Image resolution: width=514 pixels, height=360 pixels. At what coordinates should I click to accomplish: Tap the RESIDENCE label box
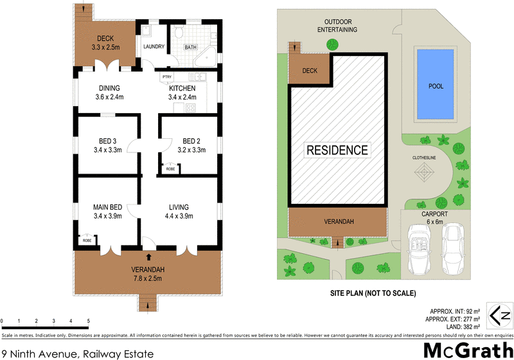click(337, 150)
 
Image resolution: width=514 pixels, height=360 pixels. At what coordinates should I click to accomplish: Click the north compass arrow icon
click(499, 315)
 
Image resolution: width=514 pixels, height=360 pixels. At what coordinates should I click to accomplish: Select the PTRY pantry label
click(167, 76)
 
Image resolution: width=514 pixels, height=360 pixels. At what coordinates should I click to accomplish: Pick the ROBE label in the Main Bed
click(87, 240)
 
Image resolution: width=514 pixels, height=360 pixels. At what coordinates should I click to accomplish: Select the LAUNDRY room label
click(154, 46)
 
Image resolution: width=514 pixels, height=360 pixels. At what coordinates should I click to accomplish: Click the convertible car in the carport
click(418, 246)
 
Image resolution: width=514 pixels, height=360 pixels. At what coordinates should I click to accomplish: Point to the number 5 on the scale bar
click(88, 320)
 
